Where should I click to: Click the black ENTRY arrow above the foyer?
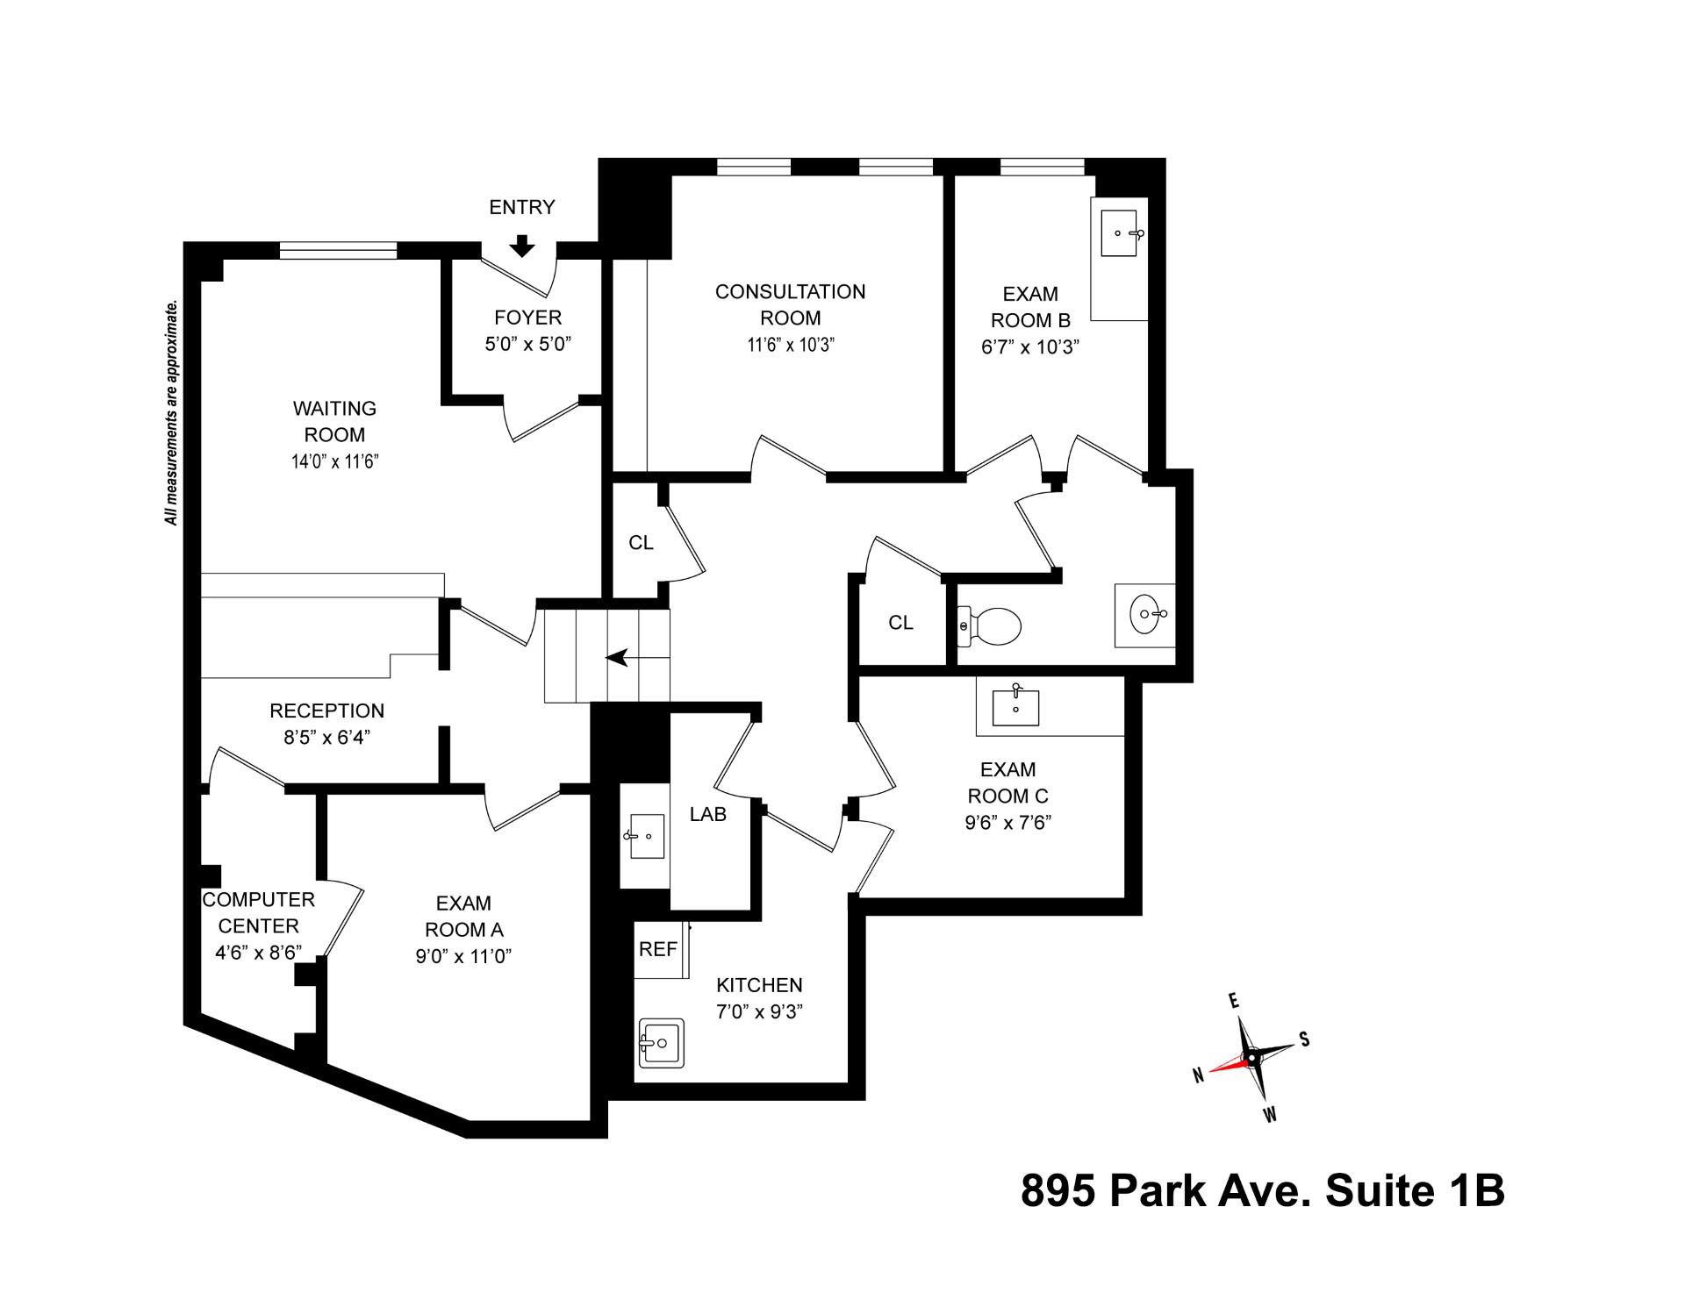[x=522, y=246]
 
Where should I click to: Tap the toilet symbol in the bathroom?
[x=991, y=626]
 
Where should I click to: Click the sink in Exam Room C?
[x=1015, y=707]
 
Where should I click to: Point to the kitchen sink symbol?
[x=661, y=1042]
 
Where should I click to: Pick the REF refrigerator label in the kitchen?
[x=657, y=949]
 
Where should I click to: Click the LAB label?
[x=707, y=814]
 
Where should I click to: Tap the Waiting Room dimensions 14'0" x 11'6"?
[x=334, y=462]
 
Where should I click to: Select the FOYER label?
[x=527, y=317]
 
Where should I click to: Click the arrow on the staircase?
[x=620, y=657]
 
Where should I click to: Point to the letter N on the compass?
[x=1197, y=1075]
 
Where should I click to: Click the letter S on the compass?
[x=1304, y=1039]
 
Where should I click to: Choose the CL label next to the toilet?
[x=900, y=623]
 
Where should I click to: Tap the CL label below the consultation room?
[x=641, y=543]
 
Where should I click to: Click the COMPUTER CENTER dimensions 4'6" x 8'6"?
[x=258, y=953]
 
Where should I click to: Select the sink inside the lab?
[x=645, y=836]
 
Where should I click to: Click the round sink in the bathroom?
[x=1146, y=614]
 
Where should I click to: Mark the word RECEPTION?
[x=326, y=711]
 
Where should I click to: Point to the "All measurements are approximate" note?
[x=172, y=412]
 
